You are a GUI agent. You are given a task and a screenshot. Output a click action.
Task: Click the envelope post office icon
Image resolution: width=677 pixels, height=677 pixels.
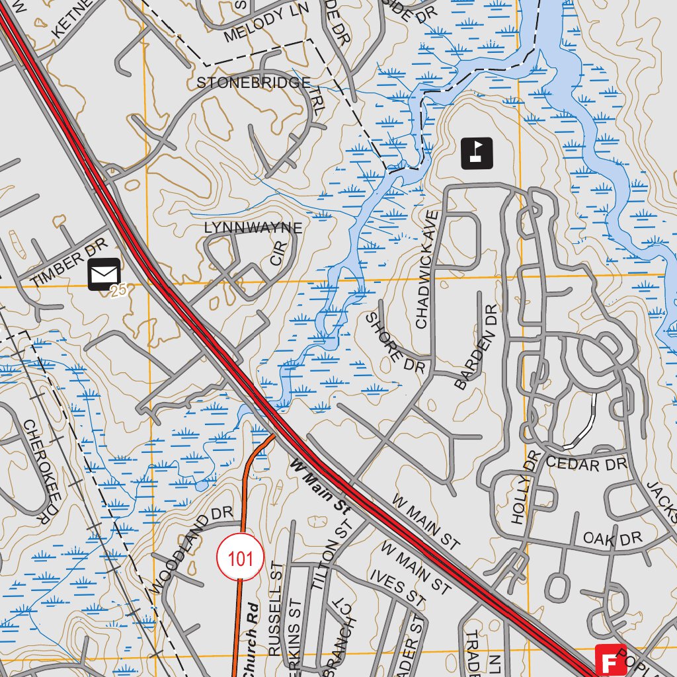coord(104,274)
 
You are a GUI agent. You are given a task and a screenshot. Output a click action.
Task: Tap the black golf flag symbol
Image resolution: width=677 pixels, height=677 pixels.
coord(477,153)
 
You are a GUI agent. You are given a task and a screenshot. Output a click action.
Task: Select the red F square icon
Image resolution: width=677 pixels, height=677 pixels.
coord(610,660)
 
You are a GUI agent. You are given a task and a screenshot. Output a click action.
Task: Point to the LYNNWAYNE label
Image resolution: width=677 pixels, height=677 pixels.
coord(253,228)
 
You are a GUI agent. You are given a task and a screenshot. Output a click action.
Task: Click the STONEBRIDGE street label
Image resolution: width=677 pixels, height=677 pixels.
coord(254,83)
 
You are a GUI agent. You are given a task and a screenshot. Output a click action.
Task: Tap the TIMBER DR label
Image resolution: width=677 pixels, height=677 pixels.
coord(68,263)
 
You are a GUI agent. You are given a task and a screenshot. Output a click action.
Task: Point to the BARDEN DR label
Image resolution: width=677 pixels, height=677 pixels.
coord(475,346)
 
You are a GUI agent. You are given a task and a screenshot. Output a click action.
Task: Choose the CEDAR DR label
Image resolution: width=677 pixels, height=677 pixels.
coord(586,463)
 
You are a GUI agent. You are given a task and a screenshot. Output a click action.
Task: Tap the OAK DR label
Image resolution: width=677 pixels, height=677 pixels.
coord(612,539)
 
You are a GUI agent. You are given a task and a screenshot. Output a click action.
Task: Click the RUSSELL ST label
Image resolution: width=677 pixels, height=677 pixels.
coord(276,609)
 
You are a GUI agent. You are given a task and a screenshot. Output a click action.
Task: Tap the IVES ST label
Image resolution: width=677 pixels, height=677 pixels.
coord(397,588)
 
